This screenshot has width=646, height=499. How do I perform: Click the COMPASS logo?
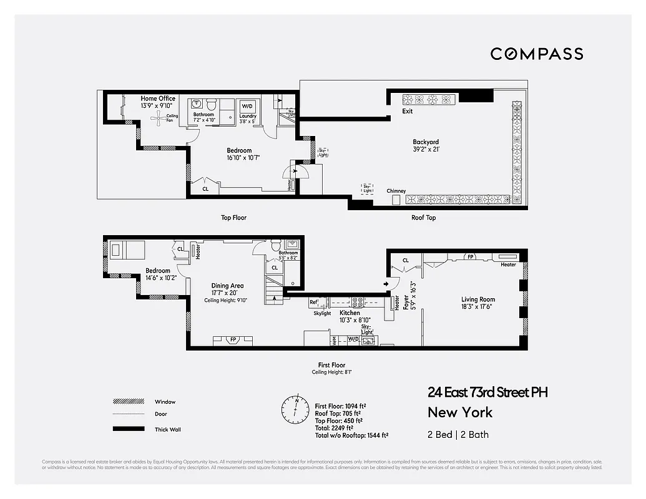tap(537, 54)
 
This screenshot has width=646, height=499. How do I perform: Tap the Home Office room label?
tap(158, 99)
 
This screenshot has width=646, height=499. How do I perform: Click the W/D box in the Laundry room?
tap(248, 105)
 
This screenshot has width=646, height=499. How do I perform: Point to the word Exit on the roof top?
tap(408, 112)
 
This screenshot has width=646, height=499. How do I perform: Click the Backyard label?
tap(426, 142)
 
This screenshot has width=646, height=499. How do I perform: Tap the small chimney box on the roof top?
tap(396, 200)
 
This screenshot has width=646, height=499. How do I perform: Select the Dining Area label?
tap(227, 286)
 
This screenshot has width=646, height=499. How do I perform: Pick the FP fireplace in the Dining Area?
tap(233, 340)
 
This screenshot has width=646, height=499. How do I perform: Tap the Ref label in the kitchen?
tap(313, 303)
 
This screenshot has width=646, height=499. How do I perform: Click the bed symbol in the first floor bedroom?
tap(124, 250)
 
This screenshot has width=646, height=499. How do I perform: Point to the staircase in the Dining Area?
tap(273, 290)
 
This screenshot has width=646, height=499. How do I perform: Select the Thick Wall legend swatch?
tap(124, 429)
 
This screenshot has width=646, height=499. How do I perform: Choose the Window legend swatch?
tap(124, 402)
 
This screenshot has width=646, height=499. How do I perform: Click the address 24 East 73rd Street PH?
tap(487, 392)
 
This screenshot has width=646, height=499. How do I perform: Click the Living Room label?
tap(478, 299)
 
